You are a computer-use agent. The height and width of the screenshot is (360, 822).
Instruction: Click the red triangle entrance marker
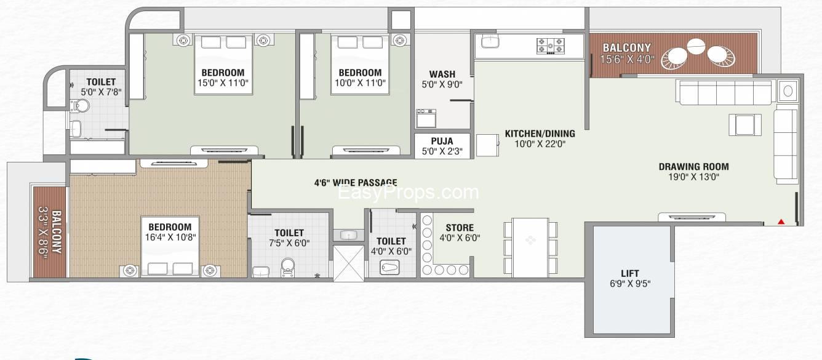(x=781, y=222)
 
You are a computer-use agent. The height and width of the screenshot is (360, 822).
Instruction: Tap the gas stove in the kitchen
(x=551, y=46)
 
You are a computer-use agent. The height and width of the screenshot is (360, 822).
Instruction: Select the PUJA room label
(x=442, y=141)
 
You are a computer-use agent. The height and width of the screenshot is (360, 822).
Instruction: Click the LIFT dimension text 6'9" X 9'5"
(x=630, y=283)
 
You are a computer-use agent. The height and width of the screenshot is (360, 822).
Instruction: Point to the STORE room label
(x=460, y=228)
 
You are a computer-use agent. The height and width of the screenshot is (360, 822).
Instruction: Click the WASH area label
(x=442, y=74)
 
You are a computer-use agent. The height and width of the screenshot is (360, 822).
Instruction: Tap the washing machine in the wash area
(x=426, y=118)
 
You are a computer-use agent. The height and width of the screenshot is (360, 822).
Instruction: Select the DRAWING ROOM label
(x=693, y=167)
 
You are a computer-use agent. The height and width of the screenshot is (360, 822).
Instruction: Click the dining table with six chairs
(x=530, y=248)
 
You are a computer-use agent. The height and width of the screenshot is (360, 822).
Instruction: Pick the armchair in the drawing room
(x=745, y=125)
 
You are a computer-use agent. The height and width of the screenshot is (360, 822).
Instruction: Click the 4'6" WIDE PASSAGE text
(x=356, y=182)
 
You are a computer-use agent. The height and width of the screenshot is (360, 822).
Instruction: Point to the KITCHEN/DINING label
(x=540, y=134)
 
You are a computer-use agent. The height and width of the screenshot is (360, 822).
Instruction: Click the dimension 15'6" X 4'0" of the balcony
(x=627, y=59)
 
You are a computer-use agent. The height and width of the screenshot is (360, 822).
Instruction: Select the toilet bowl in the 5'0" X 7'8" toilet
(x=81, y=106)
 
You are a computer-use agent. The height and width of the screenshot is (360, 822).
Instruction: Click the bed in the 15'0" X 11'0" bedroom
(x=223, y=65)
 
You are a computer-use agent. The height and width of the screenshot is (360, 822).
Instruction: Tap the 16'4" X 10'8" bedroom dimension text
(x=170, y=237)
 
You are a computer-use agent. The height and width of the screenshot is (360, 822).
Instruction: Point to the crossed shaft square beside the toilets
(x=349, y=263)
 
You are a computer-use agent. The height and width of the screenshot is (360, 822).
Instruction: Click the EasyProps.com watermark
(x=408, y=192)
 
